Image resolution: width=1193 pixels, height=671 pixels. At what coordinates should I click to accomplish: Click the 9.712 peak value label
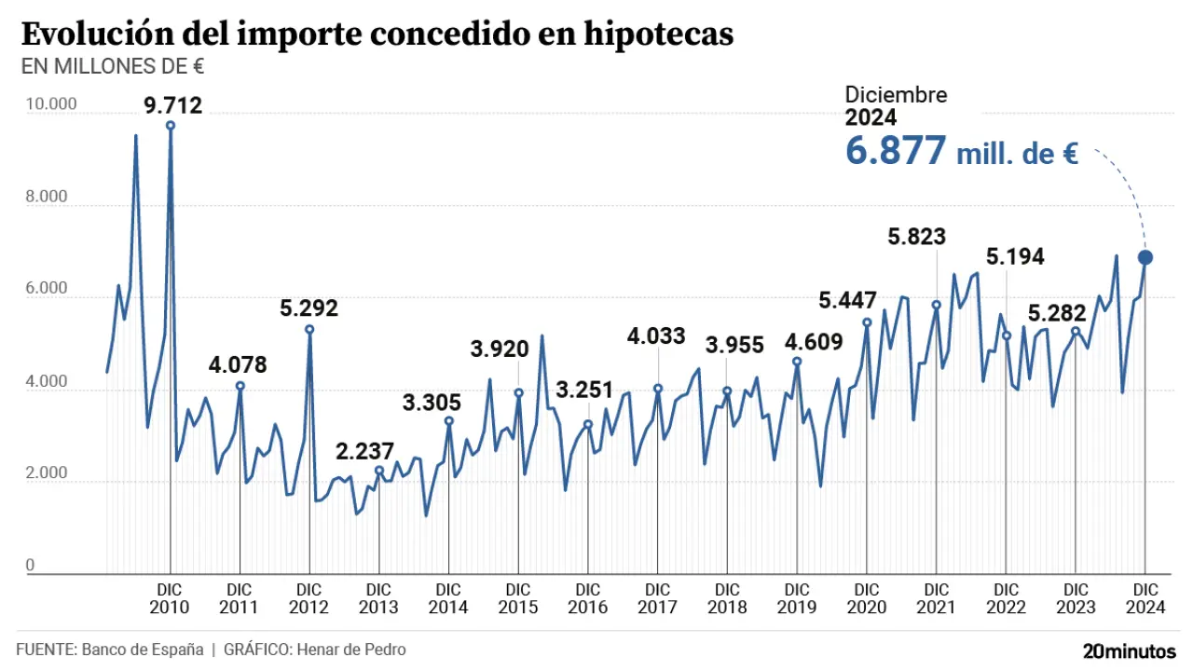tap(172, 105)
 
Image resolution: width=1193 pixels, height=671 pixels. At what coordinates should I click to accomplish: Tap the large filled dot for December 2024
tap(1145, 257)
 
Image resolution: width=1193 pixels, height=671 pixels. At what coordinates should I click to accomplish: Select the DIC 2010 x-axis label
tap(170, 598)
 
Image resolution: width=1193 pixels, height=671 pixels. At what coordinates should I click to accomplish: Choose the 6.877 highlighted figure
tap(896, 151)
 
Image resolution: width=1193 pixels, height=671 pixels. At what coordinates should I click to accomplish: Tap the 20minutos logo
tap(1130, 650)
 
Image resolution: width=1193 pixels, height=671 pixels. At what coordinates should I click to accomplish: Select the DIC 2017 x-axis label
tap(658, 598)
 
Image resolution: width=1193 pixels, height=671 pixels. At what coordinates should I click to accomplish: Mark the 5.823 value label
tap(917, 237)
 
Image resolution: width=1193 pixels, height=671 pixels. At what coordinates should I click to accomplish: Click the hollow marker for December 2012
tap(309, 329)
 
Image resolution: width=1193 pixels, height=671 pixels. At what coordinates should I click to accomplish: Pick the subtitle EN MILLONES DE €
tap(113, 67)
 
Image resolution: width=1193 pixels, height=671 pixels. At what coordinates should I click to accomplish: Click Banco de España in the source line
tap(143, 650)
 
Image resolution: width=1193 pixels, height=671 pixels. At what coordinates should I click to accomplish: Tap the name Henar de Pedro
tap(351, 650)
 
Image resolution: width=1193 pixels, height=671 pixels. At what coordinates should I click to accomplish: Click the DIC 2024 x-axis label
tap(1145, 598)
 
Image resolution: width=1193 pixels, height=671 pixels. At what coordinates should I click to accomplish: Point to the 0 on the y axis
tap(30, 566)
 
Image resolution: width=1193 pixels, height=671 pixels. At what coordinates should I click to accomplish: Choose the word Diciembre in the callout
tap(896, 95)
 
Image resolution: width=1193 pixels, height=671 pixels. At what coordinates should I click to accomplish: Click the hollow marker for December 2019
tap(797, 362)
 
